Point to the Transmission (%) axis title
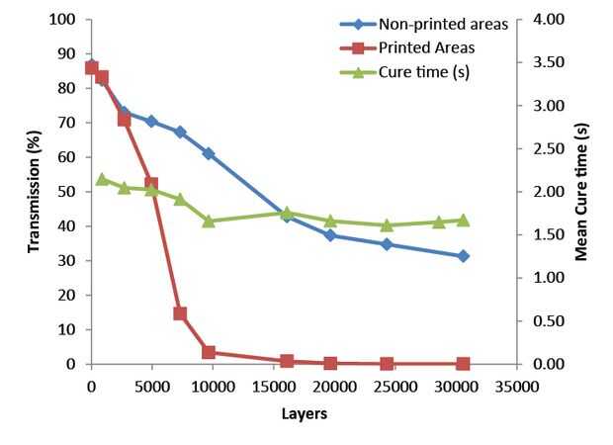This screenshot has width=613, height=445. tap(34, 193)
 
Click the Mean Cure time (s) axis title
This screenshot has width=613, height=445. tap(581, 193)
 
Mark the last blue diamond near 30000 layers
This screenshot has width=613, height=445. tap(463, 256)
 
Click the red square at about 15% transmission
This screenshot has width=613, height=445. tap(180, 313)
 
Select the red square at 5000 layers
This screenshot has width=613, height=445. tap(151, 184)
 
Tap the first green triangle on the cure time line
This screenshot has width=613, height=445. tap(102, 180)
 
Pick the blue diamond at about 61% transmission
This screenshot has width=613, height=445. tap(209, 153)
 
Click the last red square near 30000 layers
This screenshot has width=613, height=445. tap(463, 364)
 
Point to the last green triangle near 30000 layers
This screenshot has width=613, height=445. tap(463, 220)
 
